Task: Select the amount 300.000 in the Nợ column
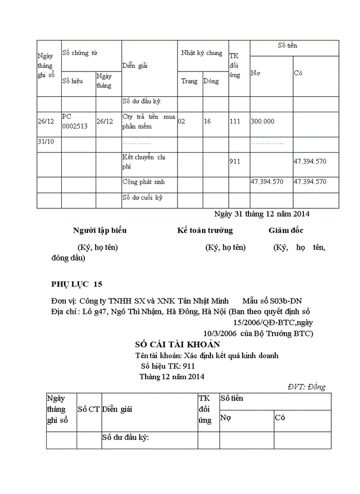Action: click(262, 121)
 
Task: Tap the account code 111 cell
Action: click(235, 121)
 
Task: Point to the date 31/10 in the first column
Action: click(46, 142)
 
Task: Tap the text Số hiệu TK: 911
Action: click(167, 366)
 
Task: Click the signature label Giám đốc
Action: click(285, 231)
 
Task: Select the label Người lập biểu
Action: click(100, 231)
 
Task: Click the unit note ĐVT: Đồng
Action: click(307, 387)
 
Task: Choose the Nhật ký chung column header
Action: click(202, 53)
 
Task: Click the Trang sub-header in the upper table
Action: click(189, 81)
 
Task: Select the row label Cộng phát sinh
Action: click(143, 182)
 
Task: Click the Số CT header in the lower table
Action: click(88, 409)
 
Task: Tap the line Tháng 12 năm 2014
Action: click(172, 376)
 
